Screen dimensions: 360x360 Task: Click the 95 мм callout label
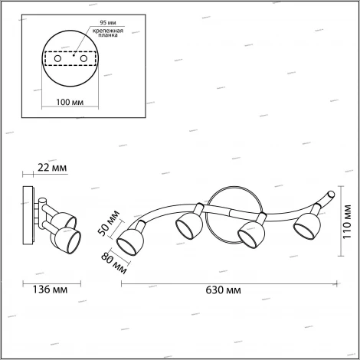coord(108,23)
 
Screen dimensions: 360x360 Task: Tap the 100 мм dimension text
coord(70,102)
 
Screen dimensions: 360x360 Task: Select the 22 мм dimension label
coord(52,168)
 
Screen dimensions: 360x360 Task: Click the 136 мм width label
coord(51,290)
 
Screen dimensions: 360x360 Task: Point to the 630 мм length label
coord(223,290)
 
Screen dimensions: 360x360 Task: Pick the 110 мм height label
coord(347,221)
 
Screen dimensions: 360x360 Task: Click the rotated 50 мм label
coord(109,223)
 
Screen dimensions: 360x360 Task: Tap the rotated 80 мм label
coord(114,263)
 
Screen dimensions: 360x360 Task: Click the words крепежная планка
coord(107,33)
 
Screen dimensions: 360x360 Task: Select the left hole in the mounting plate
coord(57,59)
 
